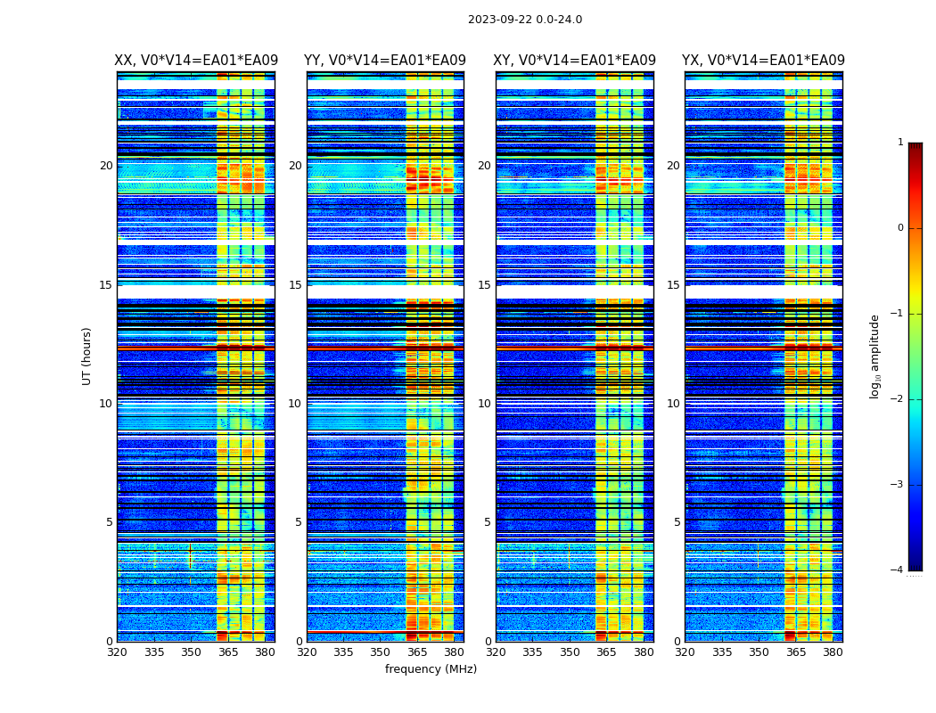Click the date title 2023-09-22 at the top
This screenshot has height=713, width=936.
point(524,20)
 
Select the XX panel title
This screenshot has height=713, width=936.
point(196,61)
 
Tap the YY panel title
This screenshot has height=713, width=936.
point(385,61)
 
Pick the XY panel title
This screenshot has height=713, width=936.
point(574,61)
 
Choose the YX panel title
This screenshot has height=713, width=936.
point(763,61)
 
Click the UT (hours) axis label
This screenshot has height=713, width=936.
point(86,356)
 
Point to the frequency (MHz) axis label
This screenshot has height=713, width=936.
point(431,669)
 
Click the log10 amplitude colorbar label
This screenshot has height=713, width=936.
point(875,356)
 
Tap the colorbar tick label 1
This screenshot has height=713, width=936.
point(900,143)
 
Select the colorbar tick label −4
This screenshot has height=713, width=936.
point(898,570)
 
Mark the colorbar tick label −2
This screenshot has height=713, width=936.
point(898,399)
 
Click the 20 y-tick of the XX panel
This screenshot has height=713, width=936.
point(106,166)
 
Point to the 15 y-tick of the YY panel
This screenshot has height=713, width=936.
point(295,285)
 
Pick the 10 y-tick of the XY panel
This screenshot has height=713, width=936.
point(484,404)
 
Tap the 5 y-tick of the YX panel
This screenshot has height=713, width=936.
point(677,522)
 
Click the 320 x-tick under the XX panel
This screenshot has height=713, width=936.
point(118,652)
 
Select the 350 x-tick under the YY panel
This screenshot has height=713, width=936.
point(381,652)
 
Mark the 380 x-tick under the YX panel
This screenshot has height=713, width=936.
point(833,652)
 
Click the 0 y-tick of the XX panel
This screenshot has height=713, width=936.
point(110,642)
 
